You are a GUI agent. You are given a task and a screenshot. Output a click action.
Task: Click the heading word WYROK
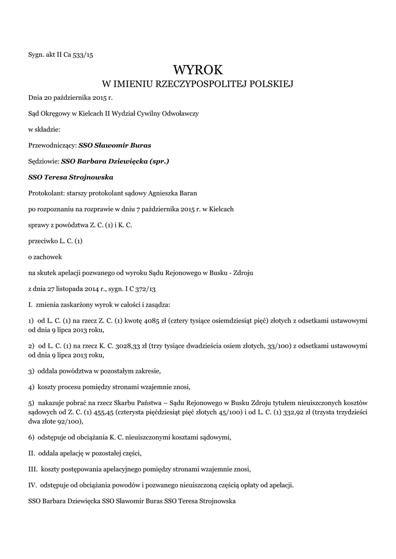(198, 69)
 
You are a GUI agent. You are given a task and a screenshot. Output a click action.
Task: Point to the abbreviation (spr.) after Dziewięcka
(159, 162)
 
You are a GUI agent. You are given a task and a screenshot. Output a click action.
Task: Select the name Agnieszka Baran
(173, 193)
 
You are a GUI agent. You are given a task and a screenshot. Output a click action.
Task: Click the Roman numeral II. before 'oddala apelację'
(32, 453)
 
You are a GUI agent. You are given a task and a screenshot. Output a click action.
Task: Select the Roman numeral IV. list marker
(32, 485)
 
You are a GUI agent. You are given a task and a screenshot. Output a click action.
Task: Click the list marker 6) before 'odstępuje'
(32, 437)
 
